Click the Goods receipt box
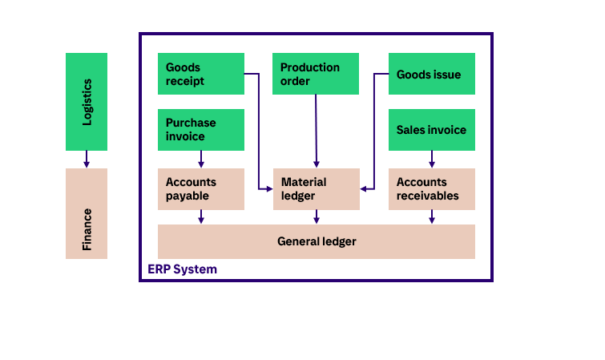point(201,74)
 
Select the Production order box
point(316,74)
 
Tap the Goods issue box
point(432,74)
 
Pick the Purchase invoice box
point(201,130)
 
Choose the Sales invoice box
point(432,130)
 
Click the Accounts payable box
point(201,188)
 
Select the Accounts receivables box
point(432,188)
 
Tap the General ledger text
point(317,241)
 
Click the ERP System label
point(182,269)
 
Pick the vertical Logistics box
point(87,102)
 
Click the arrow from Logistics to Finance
point(87,160)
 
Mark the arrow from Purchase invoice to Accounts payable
point(201,160)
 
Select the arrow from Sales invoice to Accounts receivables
point(432,160)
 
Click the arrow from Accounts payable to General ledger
point(201,216)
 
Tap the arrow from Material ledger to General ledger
point(317,216)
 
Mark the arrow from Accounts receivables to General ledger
point(432,216)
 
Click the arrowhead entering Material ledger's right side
point(365,189)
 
